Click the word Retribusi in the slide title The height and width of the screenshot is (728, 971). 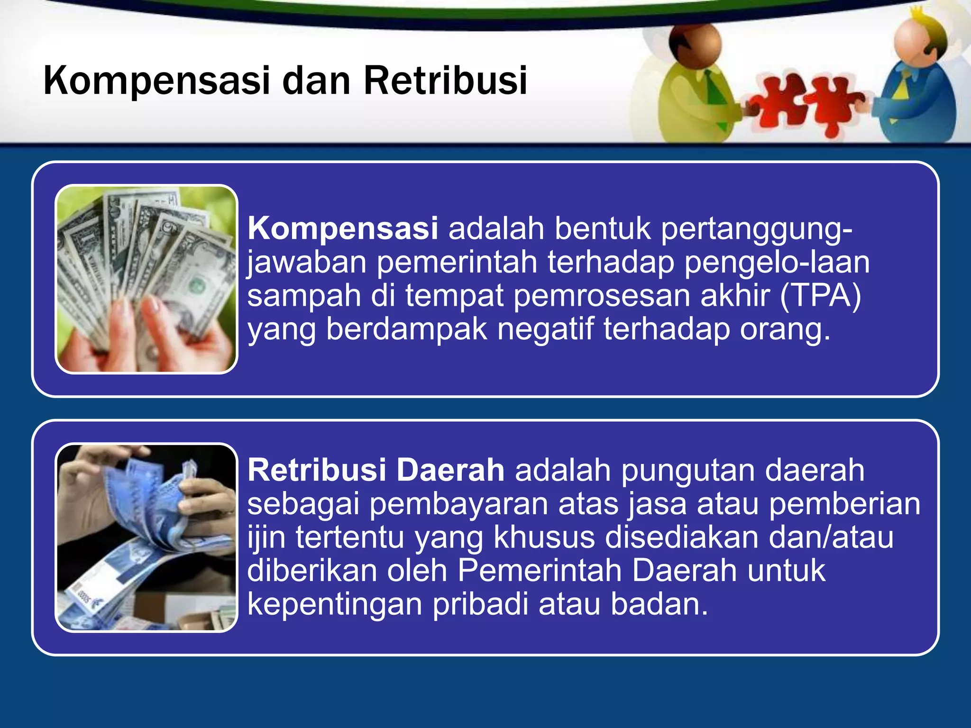tap(445, 81)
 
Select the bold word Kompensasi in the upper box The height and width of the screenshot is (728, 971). tap(342, 229)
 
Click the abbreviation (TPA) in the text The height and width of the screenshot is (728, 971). tap(821, 296)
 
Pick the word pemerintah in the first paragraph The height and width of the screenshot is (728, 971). tap(457, 262)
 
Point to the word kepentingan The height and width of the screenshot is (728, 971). tap(334, 604)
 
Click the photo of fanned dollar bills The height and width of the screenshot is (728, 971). tap(147, 279)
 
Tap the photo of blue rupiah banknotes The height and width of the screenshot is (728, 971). tap(147, 537)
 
